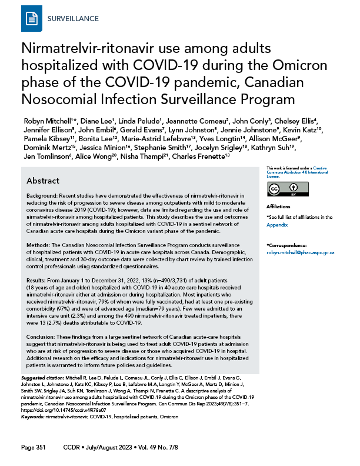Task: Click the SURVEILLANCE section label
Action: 72,19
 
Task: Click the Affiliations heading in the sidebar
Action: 278,207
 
